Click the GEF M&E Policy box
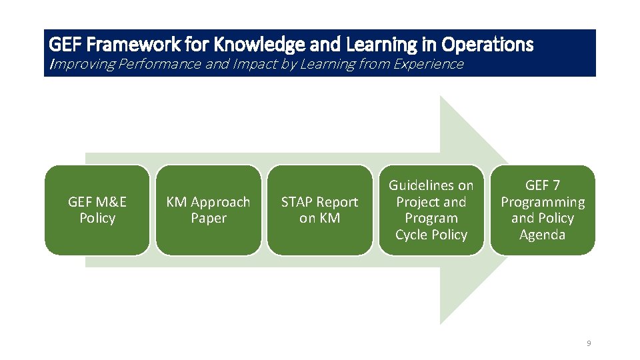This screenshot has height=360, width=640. (97, 210)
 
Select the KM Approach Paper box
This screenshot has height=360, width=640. (208, 210)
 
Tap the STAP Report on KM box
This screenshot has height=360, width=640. (319, 210)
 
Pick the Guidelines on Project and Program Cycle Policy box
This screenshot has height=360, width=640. (431, 210)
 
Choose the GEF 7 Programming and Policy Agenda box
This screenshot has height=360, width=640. (543, 210)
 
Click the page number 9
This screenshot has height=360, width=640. (589, 343)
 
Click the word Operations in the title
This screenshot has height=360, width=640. (490, 45)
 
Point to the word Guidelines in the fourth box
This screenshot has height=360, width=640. (431, 185)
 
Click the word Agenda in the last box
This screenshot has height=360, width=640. (543, 235)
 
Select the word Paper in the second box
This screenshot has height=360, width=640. (209, 218)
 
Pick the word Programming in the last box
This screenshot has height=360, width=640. (543, 202)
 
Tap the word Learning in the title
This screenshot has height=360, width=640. (379, 45)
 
